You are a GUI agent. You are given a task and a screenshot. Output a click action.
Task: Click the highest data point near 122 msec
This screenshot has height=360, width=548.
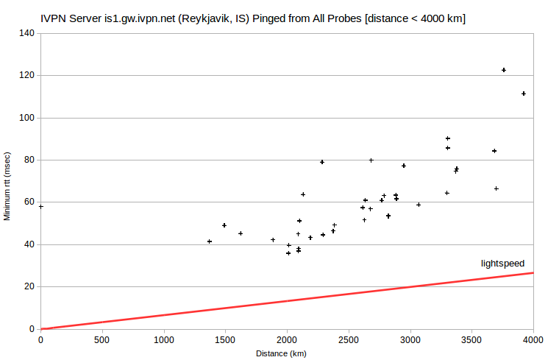[x=504, y=70]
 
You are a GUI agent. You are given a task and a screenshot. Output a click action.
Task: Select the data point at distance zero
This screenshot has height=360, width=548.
[x=41, y=207]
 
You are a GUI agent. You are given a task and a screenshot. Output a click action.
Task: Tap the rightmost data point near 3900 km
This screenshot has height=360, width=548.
[x=524, y=93]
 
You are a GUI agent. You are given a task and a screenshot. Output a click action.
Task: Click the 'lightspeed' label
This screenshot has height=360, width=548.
[x=502, y=264]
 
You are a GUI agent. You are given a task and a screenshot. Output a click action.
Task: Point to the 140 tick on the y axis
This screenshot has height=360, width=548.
[x=27, y=33]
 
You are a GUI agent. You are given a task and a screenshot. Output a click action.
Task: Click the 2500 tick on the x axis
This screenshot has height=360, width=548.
[x=349, y=339]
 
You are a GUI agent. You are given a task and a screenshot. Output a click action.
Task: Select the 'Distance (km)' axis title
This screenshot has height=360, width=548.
[x=281, y=353]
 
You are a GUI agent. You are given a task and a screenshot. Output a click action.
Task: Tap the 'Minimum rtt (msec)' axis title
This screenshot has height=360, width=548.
[x=7, y=186]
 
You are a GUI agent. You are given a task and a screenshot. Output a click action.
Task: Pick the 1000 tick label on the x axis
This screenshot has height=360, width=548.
[x=164, y=339]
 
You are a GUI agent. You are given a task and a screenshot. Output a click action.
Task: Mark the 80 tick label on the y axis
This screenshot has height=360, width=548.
[x=29, y=160]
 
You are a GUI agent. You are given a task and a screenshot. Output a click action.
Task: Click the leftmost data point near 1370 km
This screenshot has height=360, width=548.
[x=210, y=241]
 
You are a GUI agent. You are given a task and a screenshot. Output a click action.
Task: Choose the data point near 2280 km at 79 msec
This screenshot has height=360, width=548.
[x=322, y=162]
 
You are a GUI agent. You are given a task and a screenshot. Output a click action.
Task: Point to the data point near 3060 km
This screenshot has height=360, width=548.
[x=419, y=205]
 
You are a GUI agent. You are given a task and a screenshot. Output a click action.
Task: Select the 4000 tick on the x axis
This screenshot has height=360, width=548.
[x=533, y=339]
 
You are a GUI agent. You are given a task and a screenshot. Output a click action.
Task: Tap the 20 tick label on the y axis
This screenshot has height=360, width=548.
[x=29, y=286]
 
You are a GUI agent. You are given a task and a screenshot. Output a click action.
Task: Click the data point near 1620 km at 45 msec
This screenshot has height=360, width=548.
[x=241, y=233]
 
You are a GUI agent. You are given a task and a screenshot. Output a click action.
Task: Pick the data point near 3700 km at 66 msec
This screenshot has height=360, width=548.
[x=496, y=188]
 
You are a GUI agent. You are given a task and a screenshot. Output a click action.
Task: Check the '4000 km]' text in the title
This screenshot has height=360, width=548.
[x=443, y=18]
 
